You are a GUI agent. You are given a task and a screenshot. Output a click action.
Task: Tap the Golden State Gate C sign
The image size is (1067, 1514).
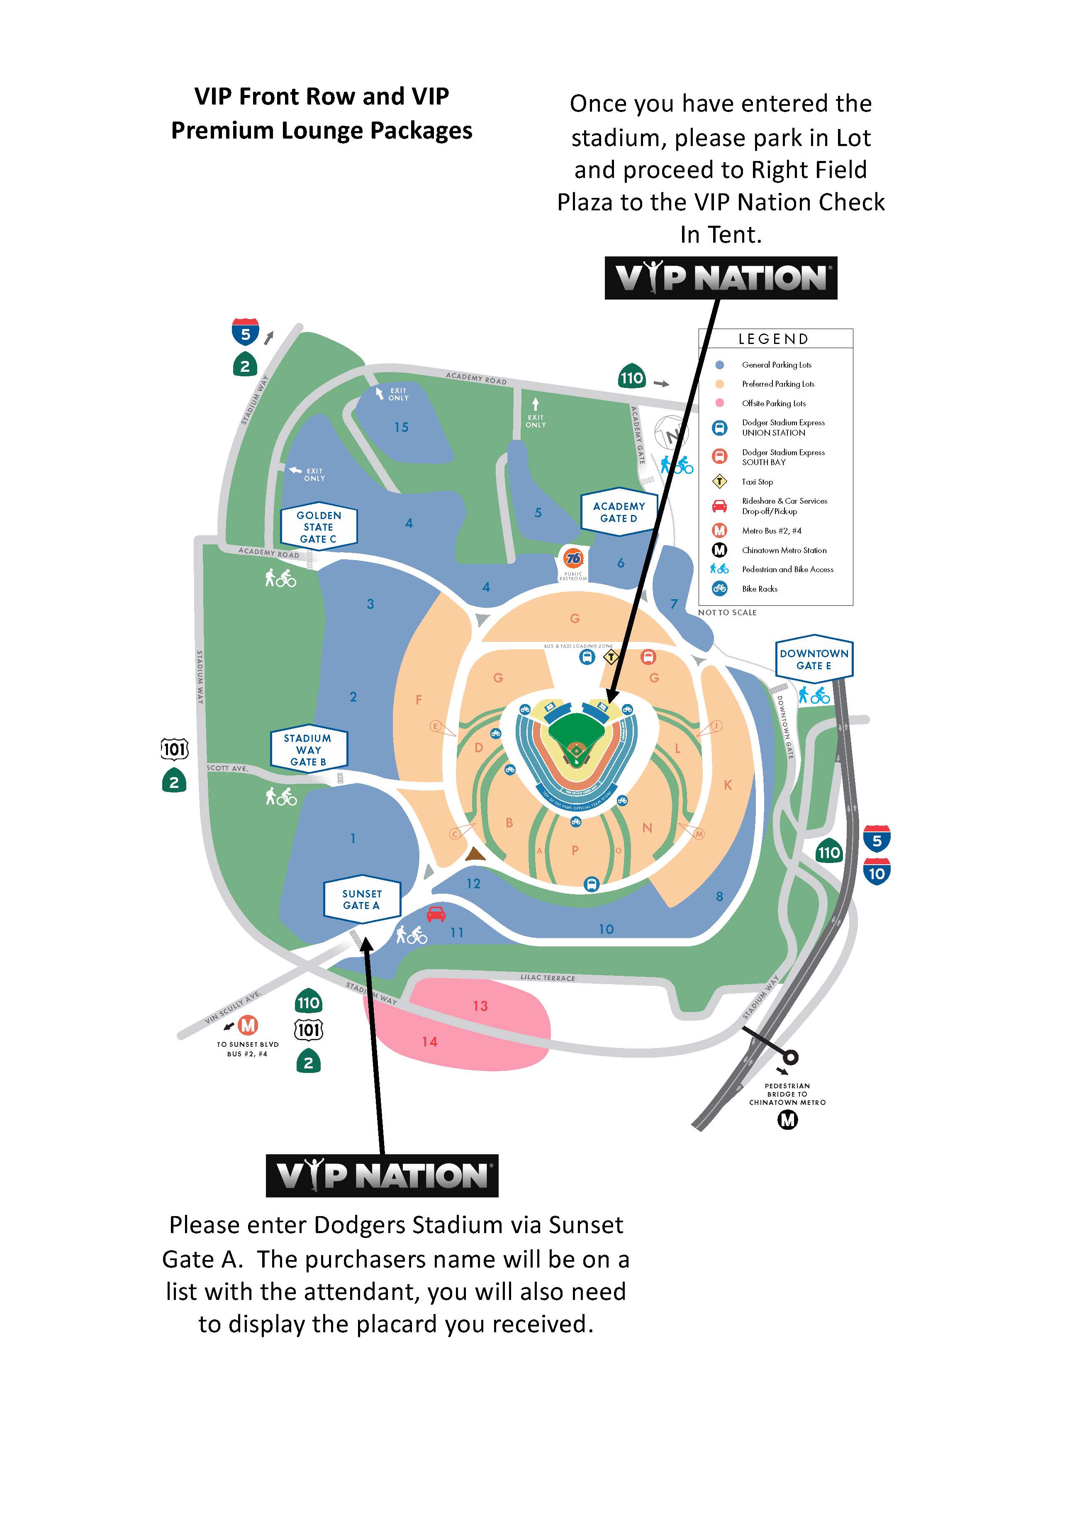[x=319, y=527]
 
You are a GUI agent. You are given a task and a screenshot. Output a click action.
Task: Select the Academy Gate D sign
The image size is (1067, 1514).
[x=619, y=512]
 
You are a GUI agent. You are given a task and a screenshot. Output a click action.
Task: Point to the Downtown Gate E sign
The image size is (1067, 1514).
[x=814, y=659]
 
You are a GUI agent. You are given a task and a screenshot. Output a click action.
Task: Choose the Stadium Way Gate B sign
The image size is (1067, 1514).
[x=308, y=750]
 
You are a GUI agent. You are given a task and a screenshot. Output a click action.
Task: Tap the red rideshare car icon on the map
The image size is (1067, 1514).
[x=436, y=914]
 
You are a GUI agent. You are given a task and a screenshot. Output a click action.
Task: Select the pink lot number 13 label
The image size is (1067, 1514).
[x=480, y=1006]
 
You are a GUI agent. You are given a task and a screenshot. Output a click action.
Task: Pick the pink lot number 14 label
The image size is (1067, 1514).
[x=430, y=1041]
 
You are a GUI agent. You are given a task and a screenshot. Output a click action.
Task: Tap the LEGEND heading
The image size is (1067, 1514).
[x=774, y=339]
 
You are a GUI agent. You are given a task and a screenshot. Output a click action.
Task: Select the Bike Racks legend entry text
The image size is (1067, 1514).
[x=760, y=589]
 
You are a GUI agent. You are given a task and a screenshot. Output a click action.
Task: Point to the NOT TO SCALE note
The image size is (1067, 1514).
[x=727, y=612]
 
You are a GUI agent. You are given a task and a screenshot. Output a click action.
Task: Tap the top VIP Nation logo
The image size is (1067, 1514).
[x=721, y=278]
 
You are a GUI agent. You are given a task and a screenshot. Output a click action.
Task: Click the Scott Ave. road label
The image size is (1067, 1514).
[x=227, y=768]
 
